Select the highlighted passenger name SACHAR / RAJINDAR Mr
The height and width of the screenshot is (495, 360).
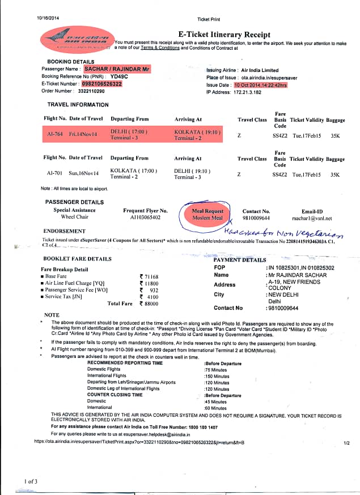pyautogui.click(x=117, y=69)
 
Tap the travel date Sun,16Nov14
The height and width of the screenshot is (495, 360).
pyautogui.click(x=83, y=174)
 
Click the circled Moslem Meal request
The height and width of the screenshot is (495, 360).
pyautogui.click(x=208, y=218)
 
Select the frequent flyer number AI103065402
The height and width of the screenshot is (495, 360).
pyautogui.click(x=145, y=217)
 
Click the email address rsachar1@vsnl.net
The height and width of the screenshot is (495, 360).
pyautogui.click(x=312, y=218)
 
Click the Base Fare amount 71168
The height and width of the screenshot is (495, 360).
pyautogui.click(x=151, y=276)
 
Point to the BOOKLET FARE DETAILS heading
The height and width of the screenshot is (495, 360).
pyautogui.click(x=76, y=259)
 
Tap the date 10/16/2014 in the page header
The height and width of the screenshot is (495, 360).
pyautogui.click(x=49, y=18)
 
